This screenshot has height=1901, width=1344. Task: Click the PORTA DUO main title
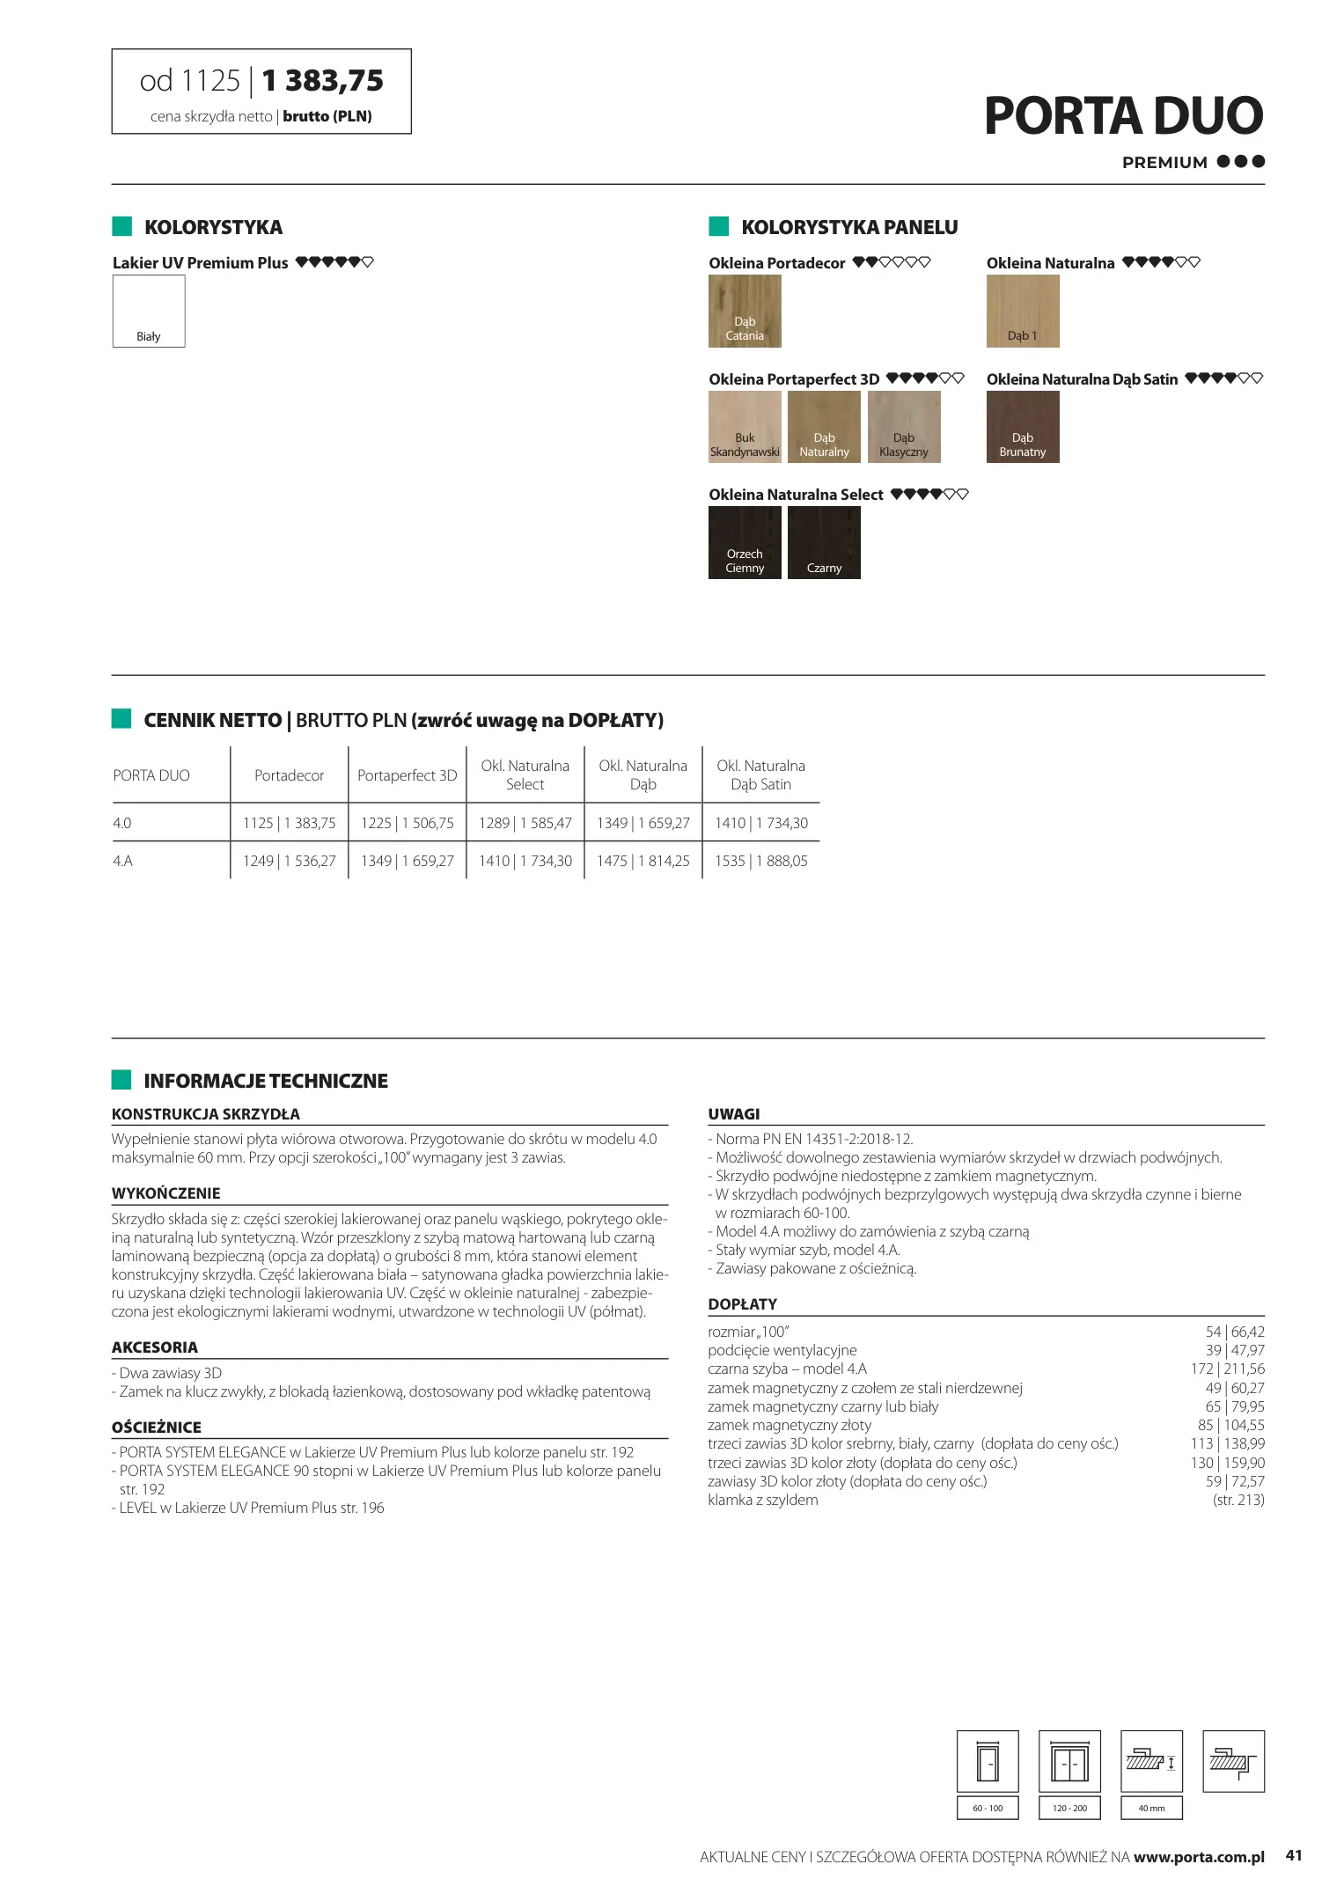coord(1123,116)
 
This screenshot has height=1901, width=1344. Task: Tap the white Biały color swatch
coord(149,311)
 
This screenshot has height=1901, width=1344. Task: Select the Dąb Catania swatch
coord(745,311)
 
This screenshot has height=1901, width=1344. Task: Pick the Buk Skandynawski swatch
coord(745,427)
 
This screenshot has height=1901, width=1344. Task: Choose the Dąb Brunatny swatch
coord(1022,427)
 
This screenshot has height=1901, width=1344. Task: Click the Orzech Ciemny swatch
coord(745,542)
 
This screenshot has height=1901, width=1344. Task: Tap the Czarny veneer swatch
coord(824,542)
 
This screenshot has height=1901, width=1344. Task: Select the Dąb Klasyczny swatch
coord(904,427)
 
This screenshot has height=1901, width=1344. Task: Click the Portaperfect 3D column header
coord(407,775)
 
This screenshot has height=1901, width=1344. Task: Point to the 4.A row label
coord(123,861)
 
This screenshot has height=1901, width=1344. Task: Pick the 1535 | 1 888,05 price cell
coord(760,861)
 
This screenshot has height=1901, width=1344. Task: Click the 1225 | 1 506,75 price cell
coord(407,823)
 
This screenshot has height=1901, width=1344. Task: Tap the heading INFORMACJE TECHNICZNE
coord(265,1081)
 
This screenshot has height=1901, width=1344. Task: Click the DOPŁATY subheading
coord(742,1303)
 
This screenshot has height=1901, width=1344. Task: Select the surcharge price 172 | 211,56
coord(1227,1369)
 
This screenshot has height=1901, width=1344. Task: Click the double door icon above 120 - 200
coord(1069,1761)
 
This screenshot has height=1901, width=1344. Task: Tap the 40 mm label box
coord(1150,1808)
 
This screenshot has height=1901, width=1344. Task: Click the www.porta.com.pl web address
coord(1199,1856)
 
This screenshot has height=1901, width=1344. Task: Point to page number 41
coord(1293,1855)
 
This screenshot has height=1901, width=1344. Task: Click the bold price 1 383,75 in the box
coord(323,81)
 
